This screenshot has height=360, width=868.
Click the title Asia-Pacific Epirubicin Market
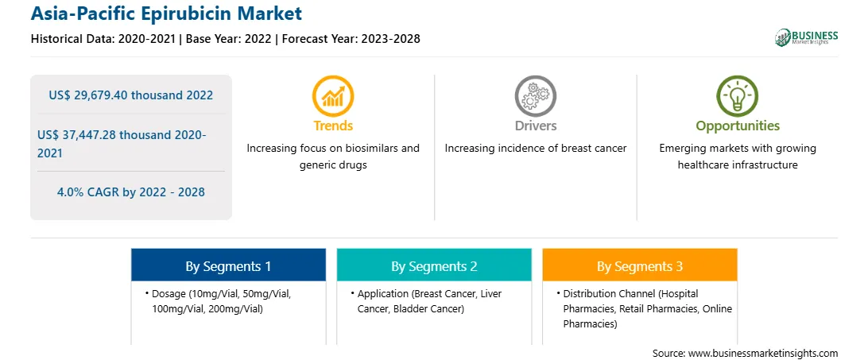pos(167,14)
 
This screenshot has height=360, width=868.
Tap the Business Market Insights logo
pos(807,37)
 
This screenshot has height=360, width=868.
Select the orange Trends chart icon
pos(333,96)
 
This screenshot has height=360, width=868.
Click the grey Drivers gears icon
pos(535,96)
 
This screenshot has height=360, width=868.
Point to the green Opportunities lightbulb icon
pos(738,96)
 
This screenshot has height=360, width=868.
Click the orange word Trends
pos(333,126)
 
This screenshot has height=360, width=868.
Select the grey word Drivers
pos(536,126)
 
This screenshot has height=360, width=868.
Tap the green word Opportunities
pos(738,126)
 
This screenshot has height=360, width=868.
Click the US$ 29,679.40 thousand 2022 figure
pos(130,95)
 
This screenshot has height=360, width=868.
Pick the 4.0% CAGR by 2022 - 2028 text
pos(130,192)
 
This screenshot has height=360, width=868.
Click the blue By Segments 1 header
pos(229,266)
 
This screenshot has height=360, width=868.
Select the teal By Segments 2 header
pos(434,266)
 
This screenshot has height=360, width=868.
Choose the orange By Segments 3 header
pos(640,266)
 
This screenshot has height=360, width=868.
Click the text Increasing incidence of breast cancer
pos(536,149)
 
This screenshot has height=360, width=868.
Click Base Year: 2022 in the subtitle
pos(229,39)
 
